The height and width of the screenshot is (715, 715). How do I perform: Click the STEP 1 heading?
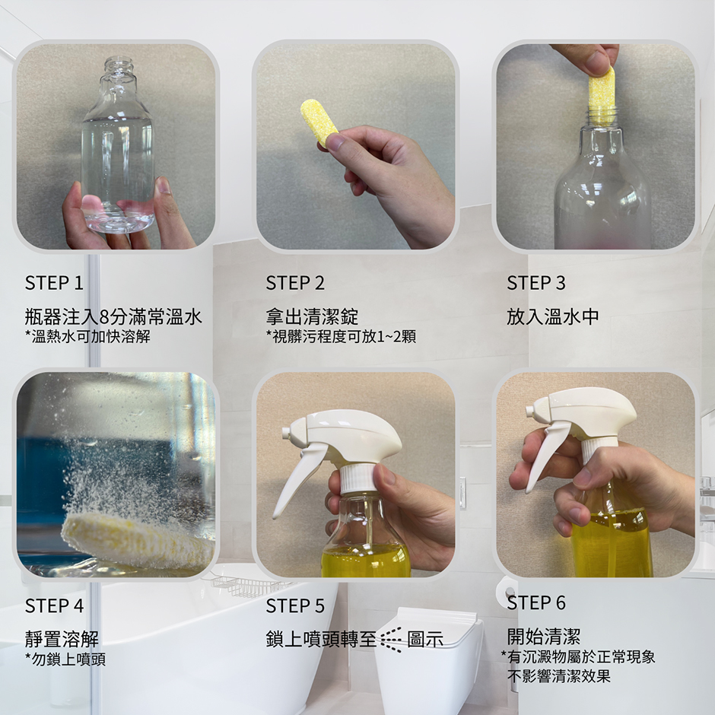tap(54, 283)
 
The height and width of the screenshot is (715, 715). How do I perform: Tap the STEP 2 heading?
tap(295, 283)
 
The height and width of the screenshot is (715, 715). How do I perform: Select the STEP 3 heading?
tap(536, 283)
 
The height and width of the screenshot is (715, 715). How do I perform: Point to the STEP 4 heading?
tap(54, 606)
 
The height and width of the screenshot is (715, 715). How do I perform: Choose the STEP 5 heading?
tap(295, 606)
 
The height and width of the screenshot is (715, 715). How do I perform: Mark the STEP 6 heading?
tap(536, 603)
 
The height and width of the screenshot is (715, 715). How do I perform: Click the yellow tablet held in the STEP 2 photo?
tap(319, 122)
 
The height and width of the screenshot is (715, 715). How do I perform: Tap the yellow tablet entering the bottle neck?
tap(602, 96)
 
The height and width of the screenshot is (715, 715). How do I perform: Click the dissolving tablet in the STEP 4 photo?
tap(137, 539)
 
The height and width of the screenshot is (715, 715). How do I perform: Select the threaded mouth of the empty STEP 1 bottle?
tap(120, 66)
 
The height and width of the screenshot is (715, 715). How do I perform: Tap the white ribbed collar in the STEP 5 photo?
tap(358, 479)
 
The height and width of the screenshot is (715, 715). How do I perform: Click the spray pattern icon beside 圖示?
tap(391, 639)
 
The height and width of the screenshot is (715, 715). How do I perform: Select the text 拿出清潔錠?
tap(313, 316)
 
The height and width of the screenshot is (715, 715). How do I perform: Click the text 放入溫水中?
tap(553, 316)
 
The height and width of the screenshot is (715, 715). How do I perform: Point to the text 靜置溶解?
tap(62, 639)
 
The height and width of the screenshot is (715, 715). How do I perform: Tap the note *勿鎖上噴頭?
tap(65, 659)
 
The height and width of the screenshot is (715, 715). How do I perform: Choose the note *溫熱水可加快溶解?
tap(87, 336)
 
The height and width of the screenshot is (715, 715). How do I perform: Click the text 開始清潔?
tap(544, 636)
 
